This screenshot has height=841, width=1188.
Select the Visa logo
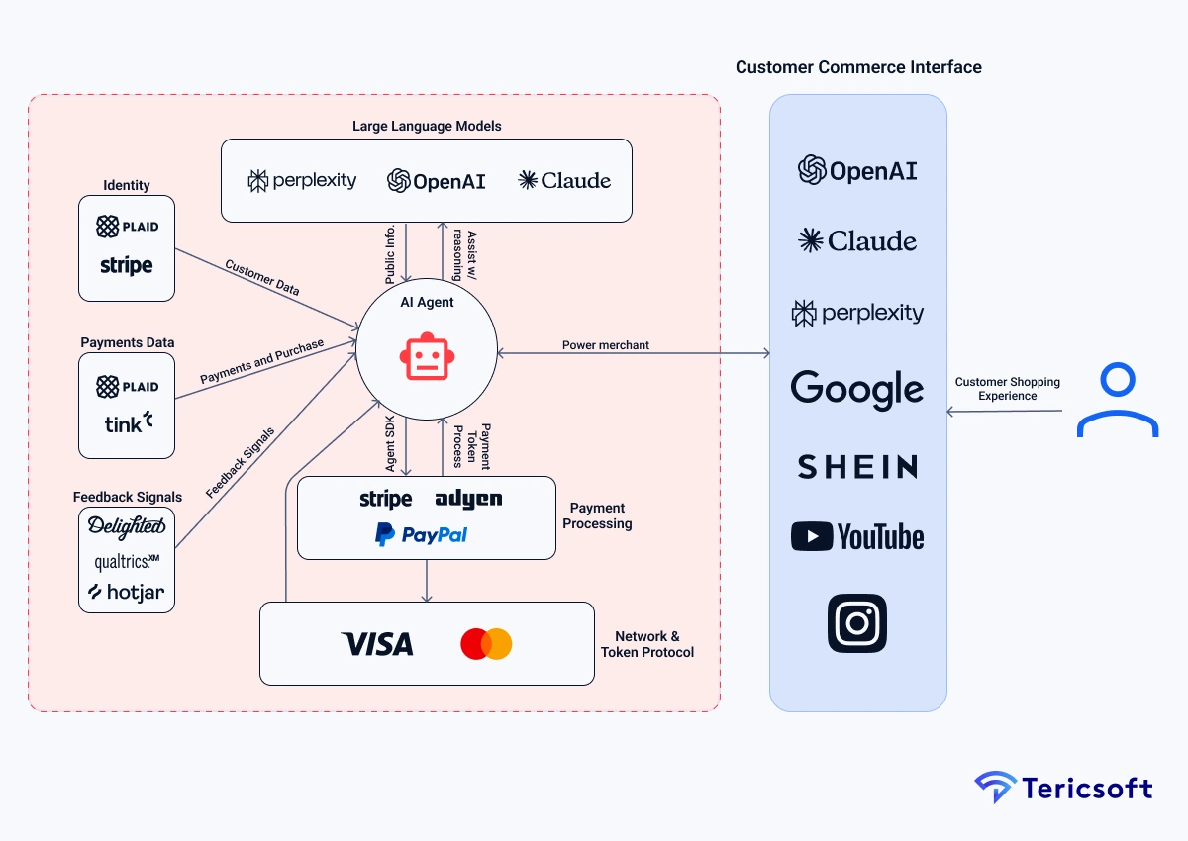377,644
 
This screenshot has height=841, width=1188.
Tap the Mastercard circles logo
486,644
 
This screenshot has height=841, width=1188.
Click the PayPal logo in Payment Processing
422,535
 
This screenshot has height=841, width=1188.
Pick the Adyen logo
468,499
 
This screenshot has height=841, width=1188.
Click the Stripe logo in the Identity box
127,265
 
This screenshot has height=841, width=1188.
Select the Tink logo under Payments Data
129,423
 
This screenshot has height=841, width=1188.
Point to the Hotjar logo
127,592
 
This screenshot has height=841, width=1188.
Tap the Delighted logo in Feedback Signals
127,526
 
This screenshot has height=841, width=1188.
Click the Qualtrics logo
127,561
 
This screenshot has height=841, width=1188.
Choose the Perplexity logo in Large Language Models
302,180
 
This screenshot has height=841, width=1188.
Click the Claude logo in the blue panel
857,240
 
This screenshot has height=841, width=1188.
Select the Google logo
857,389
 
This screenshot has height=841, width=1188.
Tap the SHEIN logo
857,466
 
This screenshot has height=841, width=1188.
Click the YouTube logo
857,537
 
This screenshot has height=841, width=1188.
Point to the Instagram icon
857,622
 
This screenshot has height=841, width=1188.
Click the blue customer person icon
1118,400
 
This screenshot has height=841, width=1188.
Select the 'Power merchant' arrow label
606,345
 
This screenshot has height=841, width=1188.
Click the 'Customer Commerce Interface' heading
858,67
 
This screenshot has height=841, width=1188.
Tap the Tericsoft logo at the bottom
1063,788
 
